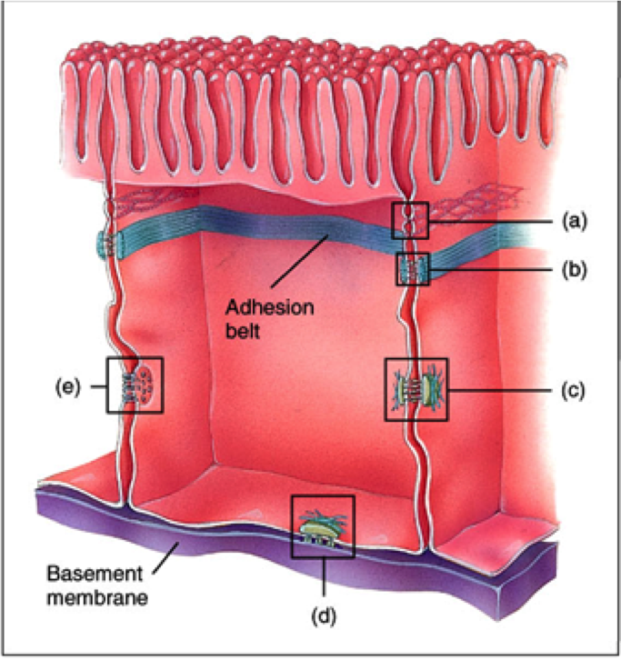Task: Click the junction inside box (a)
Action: tap(410, 220)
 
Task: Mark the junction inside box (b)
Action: tap(413, 269)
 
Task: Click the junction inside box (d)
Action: tap(322, 526)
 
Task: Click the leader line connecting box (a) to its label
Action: tap(491, 220)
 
